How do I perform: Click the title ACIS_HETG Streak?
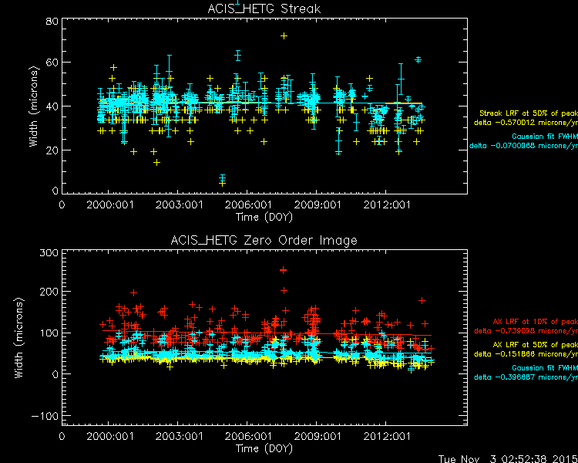pyautogui.click(x=264, y=8)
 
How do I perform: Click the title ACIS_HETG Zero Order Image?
pyautogui.click(x=264, y=240)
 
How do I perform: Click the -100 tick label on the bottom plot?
pyautogui.click(x=44, y=414)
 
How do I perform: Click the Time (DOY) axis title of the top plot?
pyautogui.click(x=264, y=217)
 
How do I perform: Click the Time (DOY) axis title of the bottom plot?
pyautogui.click(x=264, y=448)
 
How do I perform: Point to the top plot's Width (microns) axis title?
pyautogui.click(x=33, y=106)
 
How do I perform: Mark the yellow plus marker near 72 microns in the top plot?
pyautogui.click(x=284, y=35)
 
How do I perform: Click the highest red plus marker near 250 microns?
pyautogui.click(x=283, y=270)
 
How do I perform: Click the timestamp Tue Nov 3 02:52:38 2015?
pyautogui.click(x=507, y=457)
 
